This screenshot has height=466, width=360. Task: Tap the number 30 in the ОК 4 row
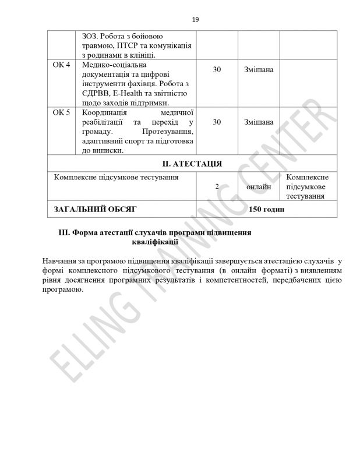click(x=217, y=70)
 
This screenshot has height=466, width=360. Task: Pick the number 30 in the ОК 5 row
click(x=217, y=122)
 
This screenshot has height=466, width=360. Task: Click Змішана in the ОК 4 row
click(x=259, y=70)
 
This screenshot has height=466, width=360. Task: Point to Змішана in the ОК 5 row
click(x=259, y=122)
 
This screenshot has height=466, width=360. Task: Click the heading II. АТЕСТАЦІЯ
click(x=195, y=163)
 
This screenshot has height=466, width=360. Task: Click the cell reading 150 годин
click(x=266, y=209)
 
